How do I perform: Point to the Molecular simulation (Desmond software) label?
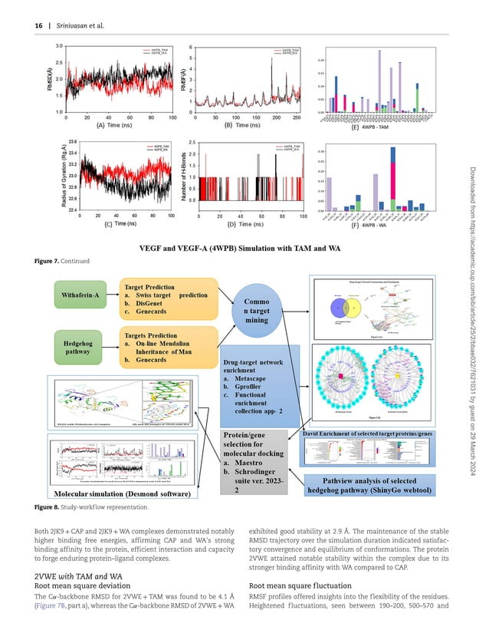[x=123, y=494]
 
